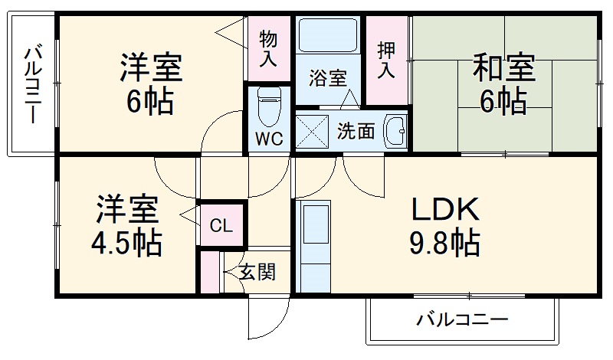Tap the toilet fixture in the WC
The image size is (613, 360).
268,108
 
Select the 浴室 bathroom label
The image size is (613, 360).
328,77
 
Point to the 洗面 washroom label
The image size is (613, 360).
356,131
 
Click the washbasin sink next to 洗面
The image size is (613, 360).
395,130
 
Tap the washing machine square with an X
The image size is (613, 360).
312,130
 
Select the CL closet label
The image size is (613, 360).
221,225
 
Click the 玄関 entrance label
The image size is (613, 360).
257,271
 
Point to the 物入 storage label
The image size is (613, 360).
268,47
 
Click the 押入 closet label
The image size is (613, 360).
386,60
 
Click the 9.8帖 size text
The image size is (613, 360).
445,244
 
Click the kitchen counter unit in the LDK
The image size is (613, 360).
313,246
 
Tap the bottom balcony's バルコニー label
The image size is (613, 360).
461,319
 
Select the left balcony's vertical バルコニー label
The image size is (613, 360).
33,85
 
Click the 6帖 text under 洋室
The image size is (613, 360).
150,100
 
